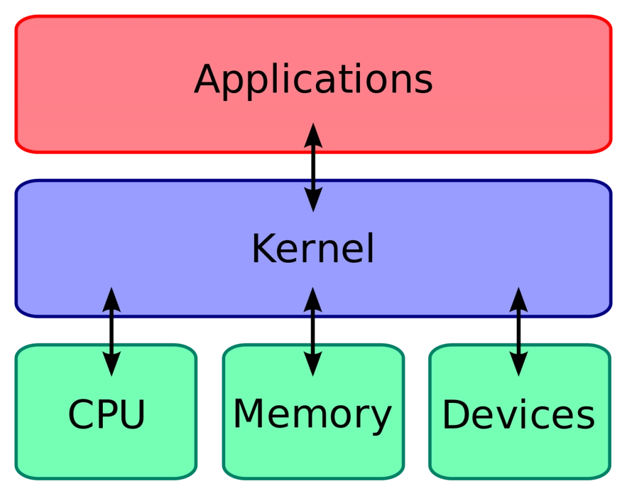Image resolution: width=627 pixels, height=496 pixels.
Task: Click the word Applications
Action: tap(313, 80)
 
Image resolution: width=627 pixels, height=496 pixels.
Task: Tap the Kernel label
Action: tap(313, 249)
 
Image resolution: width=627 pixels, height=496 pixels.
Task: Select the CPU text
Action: tap(107, 415)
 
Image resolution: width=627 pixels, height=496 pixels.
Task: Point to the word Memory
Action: tap(312, 416)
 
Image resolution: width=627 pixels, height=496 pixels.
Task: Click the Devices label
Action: tap(519, 415)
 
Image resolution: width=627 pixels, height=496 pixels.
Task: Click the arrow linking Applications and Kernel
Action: tap(313, 167)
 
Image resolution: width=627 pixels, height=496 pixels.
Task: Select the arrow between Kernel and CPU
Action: tap(111, 332)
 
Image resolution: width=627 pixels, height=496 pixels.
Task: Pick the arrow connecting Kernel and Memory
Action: tap(313, 332)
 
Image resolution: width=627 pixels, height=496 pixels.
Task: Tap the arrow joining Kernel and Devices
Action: tap(519, 332)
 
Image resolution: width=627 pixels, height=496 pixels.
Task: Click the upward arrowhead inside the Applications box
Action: tap(313, 135)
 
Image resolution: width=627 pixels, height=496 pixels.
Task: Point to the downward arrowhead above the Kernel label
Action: tap(313, 200)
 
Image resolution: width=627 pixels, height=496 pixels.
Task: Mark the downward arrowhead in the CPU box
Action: tap(111, 364)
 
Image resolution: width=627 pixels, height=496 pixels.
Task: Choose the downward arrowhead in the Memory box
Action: tap(313, 364)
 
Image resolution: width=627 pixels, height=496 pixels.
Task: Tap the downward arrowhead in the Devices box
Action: tap(519, 364)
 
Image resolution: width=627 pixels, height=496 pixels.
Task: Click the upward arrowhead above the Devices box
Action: tap(519, 299)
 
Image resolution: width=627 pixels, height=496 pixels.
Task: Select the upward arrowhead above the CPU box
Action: tap(111, 299)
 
